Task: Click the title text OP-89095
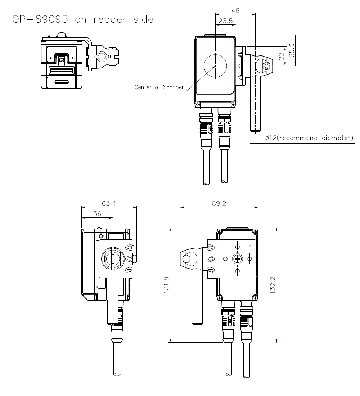point(40,19)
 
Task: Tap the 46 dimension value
point(235,10)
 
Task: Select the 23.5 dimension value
point(225,21)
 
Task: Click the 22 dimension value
point(282,56)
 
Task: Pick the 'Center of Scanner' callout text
point(159,87)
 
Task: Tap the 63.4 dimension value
point(109,203)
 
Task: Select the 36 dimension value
point(97,214)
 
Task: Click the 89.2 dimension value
point(219,203)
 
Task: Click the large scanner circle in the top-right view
point(215,66)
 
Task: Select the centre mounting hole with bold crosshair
point(237,258)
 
